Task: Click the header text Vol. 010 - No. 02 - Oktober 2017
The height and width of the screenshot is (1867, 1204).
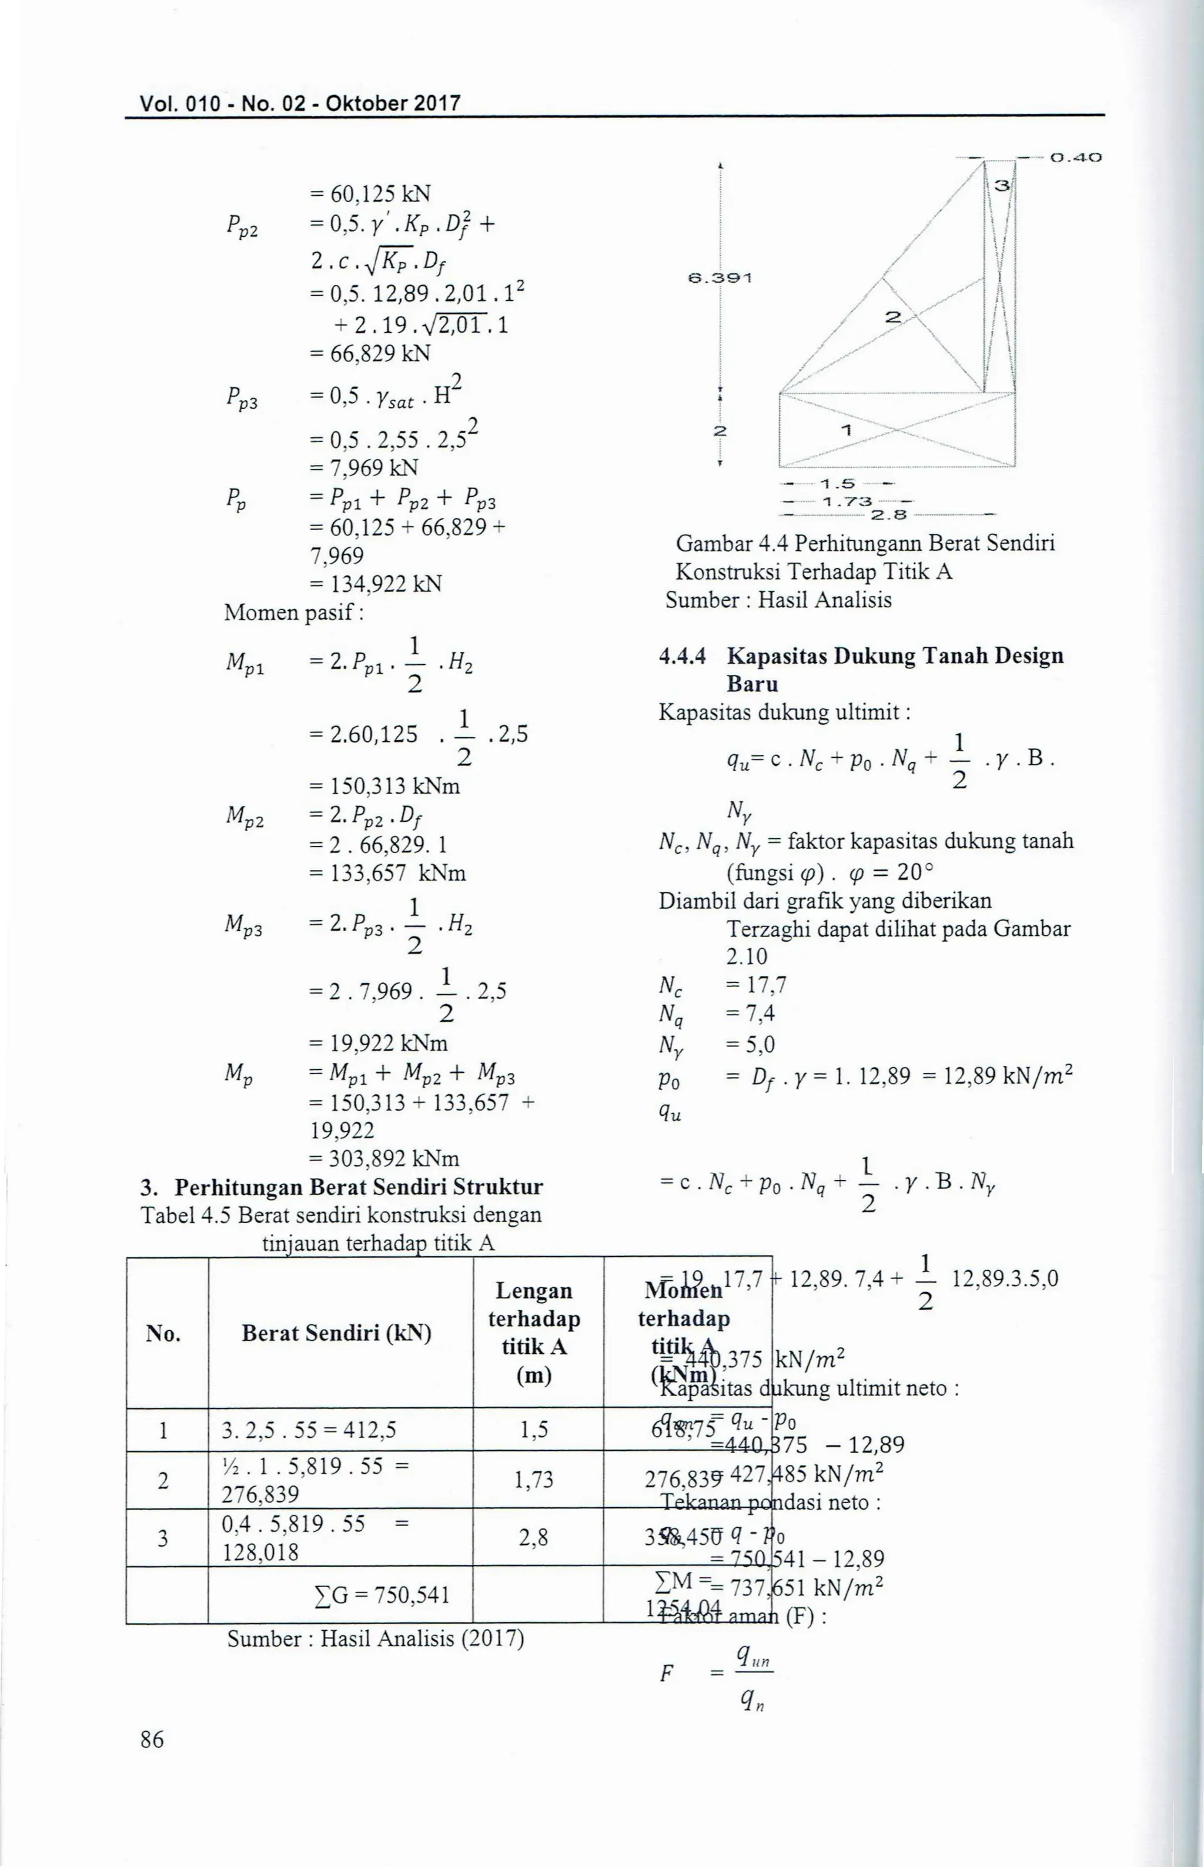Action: [299, 102]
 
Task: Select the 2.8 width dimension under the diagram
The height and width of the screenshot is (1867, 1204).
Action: [888, 515]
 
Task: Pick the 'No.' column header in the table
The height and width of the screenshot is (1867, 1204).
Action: [163, 1334]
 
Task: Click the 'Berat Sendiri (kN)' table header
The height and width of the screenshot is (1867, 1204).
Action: [336, 1333]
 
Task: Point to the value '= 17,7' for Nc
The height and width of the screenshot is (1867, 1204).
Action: [755, 985]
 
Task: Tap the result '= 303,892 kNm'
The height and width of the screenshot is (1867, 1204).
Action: [384, 1158]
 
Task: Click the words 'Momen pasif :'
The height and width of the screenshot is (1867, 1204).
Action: [294, 612]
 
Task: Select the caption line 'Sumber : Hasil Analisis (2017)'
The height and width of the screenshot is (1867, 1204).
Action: [375, 1639]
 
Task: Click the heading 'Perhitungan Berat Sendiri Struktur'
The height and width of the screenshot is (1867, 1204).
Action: [358, 1187]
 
